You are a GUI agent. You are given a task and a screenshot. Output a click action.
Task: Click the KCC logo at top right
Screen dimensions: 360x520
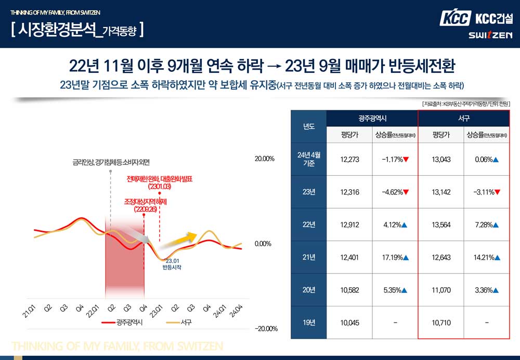coord(456,19)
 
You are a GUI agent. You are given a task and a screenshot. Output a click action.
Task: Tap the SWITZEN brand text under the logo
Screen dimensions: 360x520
coord(490,35)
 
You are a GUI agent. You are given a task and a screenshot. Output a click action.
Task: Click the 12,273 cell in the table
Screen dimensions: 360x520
coord(350,160)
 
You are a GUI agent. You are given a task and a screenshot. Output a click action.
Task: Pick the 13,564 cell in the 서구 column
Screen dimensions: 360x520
coord(441,225)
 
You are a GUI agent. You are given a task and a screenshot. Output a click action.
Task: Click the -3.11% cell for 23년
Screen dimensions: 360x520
coord(487,192)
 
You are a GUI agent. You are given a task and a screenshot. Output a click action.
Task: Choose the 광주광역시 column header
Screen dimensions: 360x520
coord(372,119)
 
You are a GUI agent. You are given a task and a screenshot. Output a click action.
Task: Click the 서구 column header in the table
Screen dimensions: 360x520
coord(464,119)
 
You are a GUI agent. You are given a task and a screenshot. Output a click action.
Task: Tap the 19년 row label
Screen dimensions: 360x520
coord(309,323)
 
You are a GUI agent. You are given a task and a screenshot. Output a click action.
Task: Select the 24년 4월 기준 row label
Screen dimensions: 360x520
coord(309,159)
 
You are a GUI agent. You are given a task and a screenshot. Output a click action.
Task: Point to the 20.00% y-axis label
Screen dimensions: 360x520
coord(265,159)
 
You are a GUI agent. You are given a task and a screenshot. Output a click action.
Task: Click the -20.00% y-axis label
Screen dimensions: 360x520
coord(265,329)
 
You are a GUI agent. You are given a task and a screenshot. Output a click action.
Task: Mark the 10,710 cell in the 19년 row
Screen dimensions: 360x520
coord(441,323)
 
